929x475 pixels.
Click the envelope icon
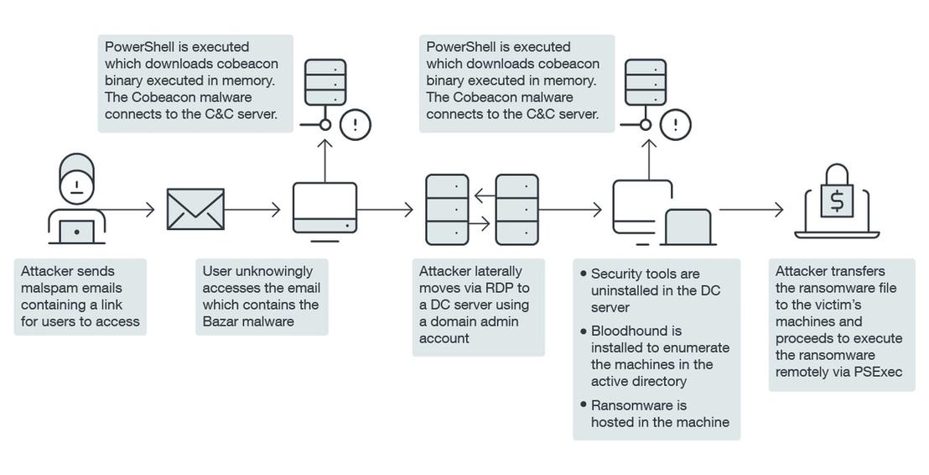click(x=195, y=209)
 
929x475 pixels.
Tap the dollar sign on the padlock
click(x=836, y=201)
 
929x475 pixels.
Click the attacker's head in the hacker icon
click(x=76, y=179)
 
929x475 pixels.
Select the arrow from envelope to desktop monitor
click(x=252, y=209)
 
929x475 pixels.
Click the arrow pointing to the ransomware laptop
click(x=751, y=209)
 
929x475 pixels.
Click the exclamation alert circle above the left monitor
click(x=356, y=124)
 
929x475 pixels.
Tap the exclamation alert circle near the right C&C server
click(x=676, y=124)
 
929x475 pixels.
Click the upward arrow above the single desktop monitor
click(x=324, y=160)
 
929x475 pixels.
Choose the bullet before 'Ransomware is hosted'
click(x=584, y=405)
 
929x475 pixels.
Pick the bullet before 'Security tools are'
click(x=584, y=274)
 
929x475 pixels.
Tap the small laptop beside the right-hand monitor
click(x=688, y=227)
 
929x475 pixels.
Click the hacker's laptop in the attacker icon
click(x=77, y=232)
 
